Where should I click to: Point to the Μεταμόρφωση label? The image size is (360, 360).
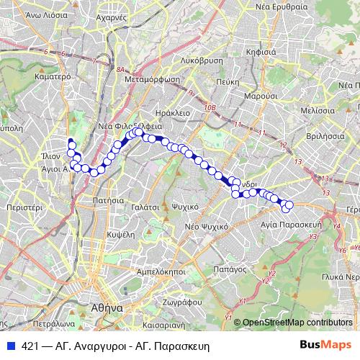click(151, 80)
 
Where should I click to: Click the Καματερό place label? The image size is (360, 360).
click(50, 75)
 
